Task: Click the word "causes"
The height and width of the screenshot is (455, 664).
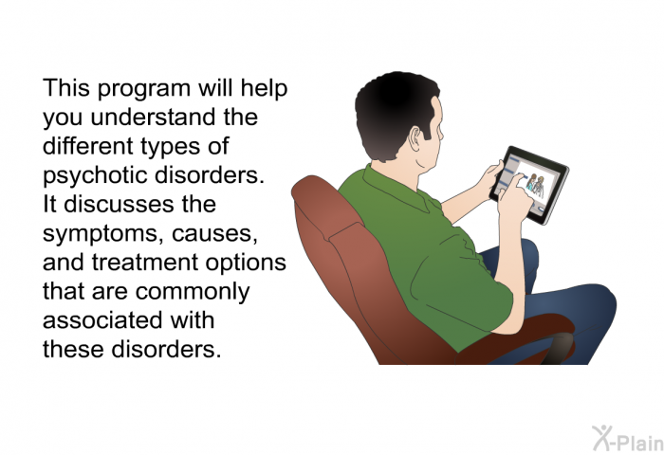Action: pos(214,234)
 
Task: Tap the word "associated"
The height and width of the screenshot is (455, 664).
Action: pos(102,320)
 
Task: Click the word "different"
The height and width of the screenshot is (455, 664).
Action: pos(88,146)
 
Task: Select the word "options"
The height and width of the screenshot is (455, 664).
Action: pos(246,264)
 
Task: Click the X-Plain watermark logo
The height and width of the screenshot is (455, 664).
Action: pos(628,439)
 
